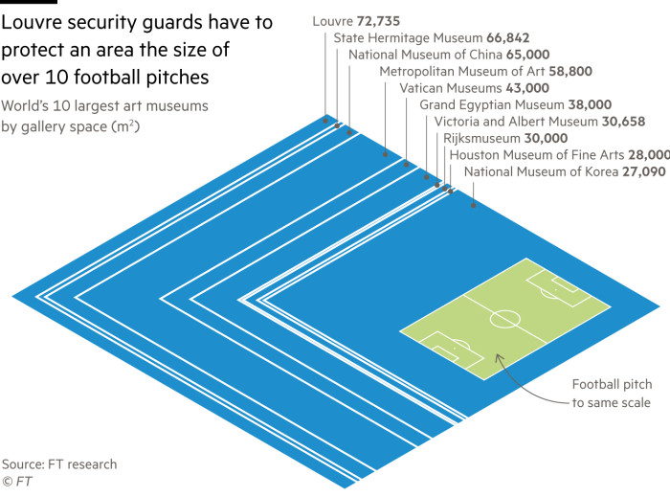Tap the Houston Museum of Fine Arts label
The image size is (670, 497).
(546, 155)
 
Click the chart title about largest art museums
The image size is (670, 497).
(105, 114)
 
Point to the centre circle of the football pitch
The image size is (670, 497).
(505, 317)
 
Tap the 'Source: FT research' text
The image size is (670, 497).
(59, 463)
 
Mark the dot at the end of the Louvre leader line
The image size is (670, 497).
(324, 120)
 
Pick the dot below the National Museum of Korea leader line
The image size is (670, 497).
(473, 204)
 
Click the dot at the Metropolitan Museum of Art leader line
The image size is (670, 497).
(385, 153)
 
